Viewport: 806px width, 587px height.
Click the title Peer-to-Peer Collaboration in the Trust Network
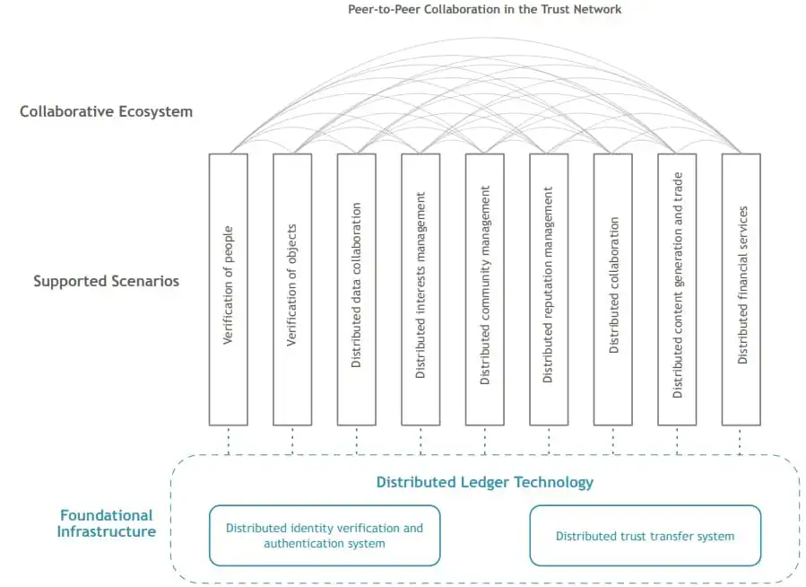pos(484,9)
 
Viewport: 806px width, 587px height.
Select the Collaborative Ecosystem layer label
pos(106,112)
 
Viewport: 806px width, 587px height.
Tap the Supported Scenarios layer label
pos(106,281)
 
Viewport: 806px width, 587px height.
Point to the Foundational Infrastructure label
pos(106,523)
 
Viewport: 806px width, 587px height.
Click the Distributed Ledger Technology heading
pos(484,482)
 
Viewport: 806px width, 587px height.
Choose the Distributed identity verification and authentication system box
pos(325,536)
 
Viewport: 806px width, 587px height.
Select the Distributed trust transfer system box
pos(645,536)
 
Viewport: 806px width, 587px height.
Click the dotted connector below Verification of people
pos(228,441)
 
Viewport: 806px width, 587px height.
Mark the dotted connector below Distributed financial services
pos(741,441)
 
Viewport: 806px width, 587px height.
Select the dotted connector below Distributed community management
pos(485,441)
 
